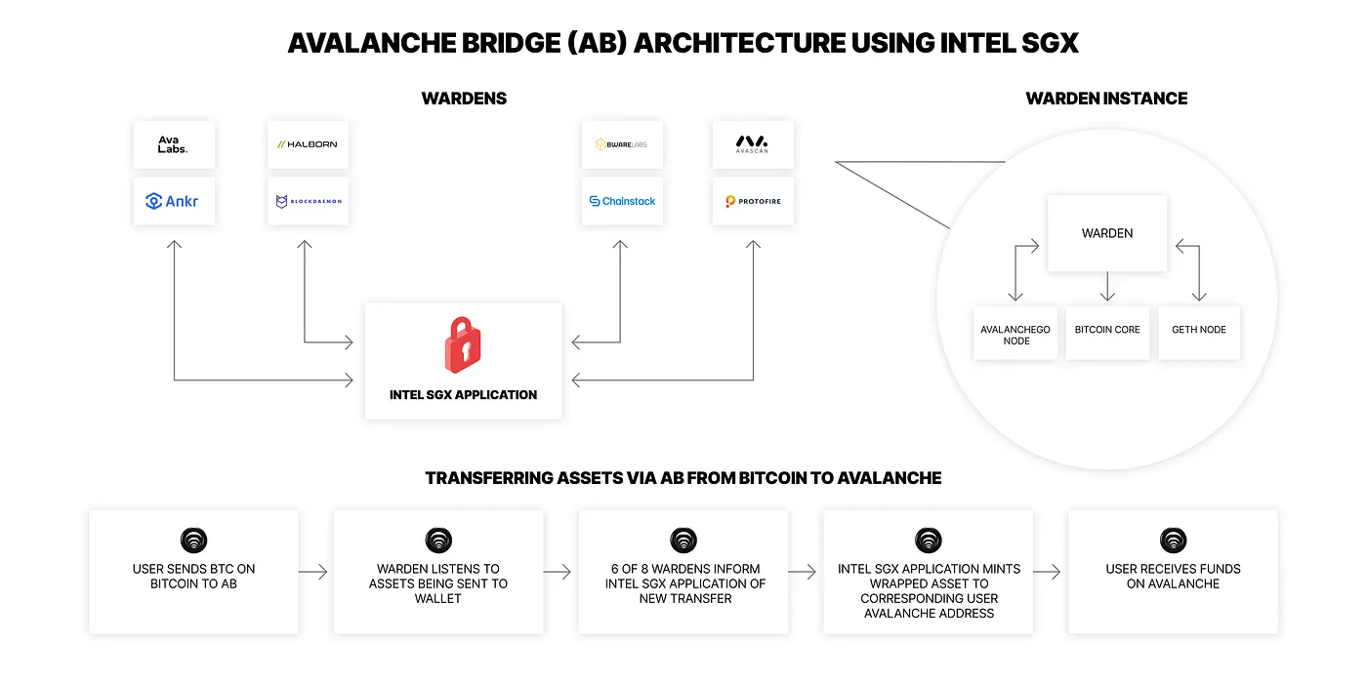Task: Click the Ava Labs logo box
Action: (174, 144)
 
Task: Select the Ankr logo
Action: (174, 201)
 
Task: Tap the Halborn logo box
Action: (308, 144)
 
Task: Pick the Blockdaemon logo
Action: (308, 201)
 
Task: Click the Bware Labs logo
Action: (622, 144)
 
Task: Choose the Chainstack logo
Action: (622, 201)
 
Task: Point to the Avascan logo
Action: (752, 144)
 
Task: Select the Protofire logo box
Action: (752, 201)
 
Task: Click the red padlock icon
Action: (463, 344)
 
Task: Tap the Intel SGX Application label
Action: (463, 395)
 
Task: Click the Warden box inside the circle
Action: (1106, 233)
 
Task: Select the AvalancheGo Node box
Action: (1015, 335)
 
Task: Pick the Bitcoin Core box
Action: (1106, 330)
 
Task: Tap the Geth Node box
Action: (1198, 330)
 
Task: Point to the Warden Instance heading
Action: (1106, 99)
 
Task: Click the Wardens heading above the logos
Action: (464, 99)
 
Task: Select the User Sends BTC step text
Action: (193, 576)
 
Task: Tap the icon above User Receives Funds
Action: (1173, 541)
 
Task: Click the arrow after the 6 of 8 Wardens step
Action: (803, 573)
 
